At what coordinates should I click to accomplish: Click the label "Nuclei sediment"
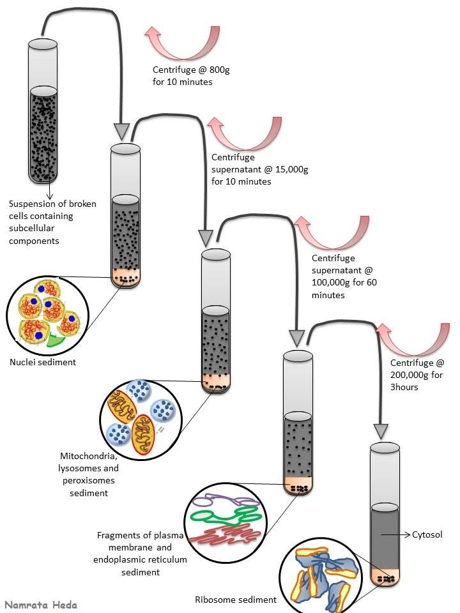coord(43,362)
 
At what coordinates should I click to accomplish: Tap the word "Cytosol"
coord(427,534)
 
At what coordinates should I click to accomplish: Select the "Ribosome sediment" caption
coord(235,600)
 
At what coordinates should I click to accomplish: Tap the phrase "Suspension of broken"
coord(52,204)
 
